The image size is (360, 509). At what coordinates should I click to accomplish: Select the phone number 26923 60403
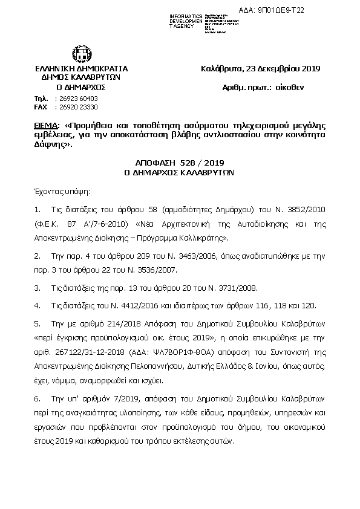pos(76,98)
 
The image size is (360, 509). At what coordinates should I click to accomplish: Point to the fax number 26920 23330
pos(76,106)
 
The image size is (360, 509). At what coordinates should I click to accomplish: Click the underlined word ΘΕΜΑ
pos(47,125)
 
